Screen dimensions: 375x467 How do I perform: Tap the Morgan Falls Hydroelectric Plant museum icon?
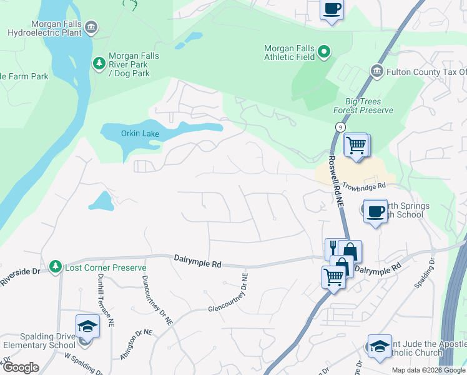pyautogui.click(x=91, y=26)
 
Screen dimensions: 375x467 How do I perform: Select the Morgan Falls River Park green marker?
pyautogui.click(x=99, y=63)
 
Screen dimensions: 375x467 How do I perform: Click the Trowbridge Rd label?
pyautogui.click(x=364, y=186)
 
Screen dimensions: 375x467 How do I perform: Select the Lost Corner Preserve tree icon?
pyautogui.click(x=56, y=267)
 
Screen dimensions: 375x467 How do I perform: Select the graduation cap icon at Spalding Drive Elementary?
pyautogui.click(x=87, y=326)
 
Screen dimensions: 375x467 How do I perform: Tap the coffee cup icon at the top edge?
pyautogui.click(x=332, y=9)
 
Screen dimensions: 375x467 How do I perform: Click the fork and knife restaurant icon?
pyautogui.click(x=333, y=248)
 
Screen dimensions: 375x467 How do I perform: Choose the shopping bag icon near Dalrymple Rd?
pyautogui.click(x=350, y=251)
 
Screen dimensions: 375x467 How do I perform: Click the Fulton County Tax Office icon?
pyautogui.click(x=376, y=71)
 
